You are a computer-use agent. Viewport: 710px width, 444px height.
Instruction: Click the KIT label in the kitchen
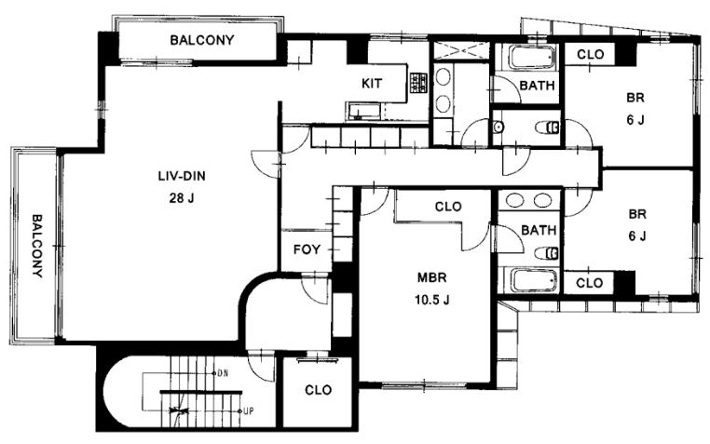click(371, 83)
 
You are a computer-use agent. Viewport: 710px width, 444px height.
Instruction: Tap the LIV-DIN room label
click(182, 175)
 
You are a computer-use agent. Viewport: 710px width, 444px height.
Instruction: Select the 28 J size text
click(182, 197)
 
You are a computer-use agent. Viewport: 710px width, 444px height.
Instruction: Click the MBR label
click(432, 277)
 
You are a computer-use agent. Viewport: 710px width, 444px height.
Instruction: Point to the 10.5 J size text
click(432, 300)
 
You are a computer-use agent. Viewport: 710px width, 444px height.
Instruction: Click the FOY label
click(307, 249)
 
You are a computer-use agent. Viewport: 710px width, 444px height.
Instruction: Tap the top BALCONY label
click(202, 40)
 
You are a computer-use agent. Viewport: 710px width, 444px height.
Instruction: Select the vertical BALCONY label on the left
click(37, 246)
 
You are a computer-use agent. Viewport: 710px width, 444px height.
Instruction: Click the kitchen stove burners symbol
click(419, 83)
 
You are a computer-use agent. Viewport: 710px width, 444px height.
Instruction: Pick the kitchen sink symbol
click(365, 111)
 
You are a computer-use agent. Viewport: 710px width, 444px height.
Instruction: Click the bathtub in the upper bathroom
click(532, 58)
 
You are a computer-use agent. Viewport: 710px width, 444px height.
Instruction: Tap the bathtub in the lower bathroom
click(534, 280)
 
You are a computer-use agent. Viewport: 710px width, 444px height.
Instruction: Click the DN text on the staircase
click(223, 373)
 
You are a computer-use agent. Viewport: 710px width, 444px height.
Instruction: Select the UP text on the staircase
click(249, 411)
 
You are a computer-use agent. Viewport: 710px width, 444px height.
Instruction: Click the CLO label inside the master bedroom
click(448, 207)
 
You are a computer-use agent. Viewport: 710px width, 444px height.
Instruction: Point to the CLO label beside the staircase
click(318, 390)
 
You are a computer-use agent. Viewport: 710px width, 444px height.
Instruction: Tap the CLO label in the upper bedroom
click(591, 54)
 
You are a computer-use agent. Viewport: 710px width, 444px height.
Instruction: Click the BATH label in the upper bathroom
click(537, 85)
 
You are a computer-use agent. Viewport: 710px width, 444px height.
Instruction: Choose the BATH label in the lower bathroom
click(539, 230)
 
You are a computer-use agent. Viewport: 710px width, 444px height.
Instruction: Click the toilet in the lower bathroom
click(547, 253)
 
